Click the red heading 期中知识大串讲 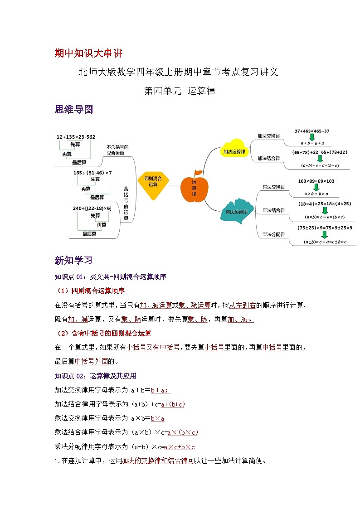click(88, 53)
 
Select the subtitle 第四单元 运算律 click(179, 91)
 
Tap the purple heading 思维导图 click(73, 109)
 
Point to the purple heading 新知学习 click(73, 260)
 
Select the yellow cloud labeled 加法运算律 click(234, 151)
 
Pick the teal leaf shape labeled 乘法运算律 click(236, 211)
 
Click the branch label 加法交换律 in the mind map click(268, 136)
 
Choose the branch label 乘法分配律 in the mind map click(274, 234)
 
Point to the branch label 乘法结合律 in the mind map click(274, 210)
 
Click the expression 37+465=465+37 click(311, 131)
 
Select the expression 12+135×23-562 click(76, 137)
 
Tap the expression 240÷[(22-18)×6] click(92, 208)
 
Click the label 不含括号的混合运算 click(117, 150)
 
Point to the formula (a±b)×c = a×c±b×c click(325, 242)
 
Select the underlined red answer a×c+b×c click(179, 446)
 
